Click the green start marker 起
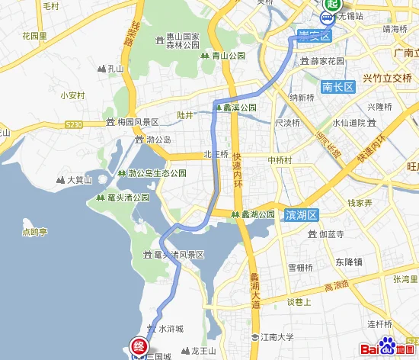click(330, 5)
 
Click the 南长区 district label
click(338, 87)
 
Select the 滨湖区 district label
click(302, 215)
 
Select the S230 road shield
click(74, 124)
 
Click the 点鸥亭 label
click(35, 232)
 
